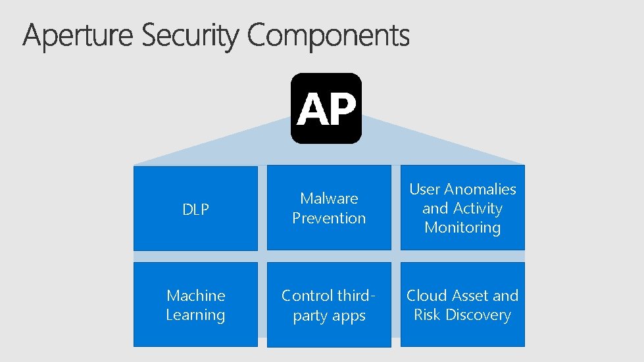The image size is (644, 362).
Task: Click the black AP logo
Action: click(326, 108)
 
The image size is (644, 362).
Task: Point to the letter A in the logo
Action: click(311, 109)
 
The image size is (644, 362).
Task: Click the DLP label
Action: click(195, 210)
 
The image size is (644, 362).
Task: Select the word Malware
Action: click(329, 198)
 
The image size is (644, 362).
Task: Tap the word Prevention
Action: click(329, 218)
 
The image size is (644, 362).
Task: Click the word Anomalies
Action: click(480, 189)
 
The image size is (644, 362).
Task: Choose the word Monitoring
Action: click(462, 228)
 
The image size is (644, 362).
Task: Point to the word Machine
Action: click(195, 296)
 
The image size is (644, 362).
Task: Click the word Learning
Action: click(195, 315)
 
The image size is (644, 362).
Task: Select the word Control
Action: click(307, 296)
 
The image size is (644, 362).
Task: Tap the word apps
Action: click(349, 316)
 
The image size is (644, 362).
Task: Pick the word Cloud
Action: click(427, 296)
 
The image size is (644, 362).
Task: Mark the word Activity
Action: click(478, 209)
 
